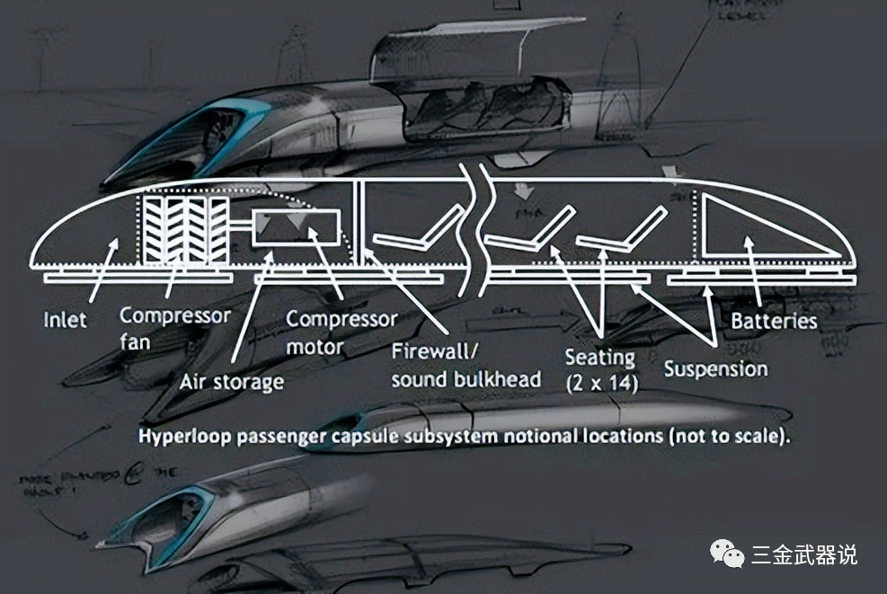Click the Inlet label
65,319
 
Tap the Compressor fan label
175,329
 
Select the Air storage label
231,381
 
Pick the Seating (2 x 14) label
600,368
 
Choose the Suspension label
715,368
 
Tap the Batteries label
774,321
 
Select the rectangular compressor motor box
297,230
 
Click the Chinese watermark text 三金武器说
803,554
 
